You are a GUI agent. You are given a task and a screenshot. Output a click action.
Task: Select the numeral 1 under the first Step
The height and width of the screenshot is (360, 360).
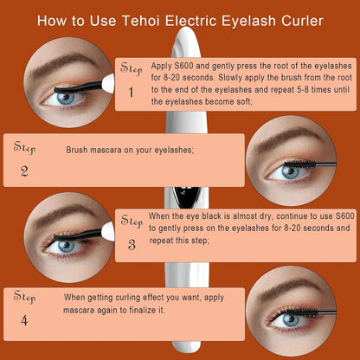131,93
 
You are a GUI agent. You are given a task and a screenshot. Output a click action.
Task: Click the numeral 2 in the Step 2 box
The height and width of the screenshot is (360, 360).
24,171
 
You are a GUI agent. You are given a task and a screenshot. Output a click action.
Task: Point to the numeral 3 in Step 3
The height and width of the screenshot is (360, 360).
132,245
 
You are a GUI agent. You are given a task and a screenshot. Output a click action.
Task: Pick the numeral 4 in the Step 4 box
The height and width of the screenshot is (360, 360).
24,320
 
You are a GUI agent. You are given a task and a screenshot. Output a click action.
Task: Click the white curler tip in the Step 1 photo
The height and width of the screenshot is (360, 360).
108,83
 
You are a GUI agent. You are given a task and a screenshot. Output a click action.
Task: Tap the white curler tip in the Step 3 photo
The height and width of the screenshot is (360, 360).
108,232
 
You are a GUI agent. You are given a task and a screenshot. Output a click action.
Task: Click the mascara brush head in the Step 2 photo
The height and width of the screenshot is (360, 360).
299,164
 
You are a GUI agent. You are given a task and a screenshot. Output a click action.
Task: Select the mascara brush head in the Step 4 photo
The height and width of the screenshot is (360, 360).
302,312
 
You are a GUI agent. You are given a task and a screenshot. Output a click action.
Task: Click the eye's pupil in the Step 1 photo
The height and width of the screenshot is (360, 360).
66,98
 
